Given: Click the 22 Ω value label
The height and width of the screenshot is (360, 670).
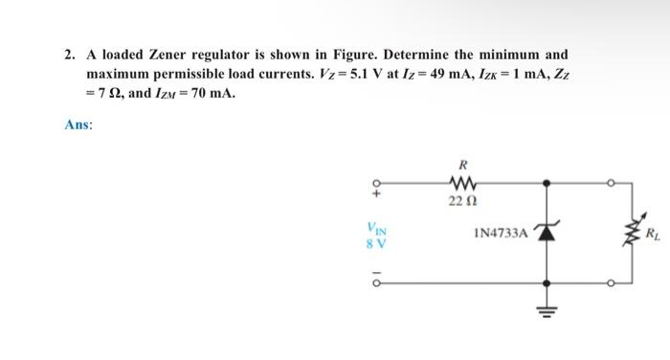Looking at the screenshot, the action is click(x=457, y=199).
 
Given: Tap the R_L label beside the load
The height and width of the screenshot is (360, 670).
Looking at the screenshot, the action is click(x=652, y=233).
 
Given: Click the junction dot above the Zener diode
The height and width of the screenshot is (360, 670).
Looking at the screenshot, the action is click(x=547, y=180).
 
